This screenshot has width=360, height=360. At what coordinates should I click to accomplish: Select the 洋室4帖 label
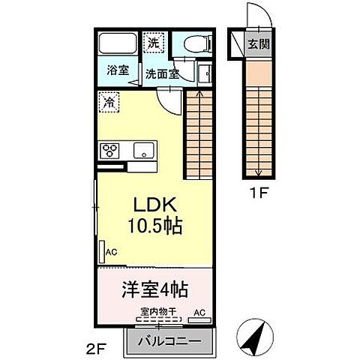155,288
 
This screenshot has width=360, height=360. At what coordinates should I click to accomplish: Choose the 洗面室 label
161,73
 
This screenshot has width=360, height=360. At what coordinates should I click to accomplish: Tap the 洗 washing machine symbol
153,43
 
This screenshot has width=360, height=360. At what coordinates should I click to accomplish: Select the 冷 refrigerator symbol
109,97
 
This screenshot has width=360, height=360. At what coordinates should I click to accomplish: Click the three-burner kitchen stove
112,148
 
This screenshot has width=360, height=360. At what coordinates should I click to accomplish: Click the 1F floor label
259,192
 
